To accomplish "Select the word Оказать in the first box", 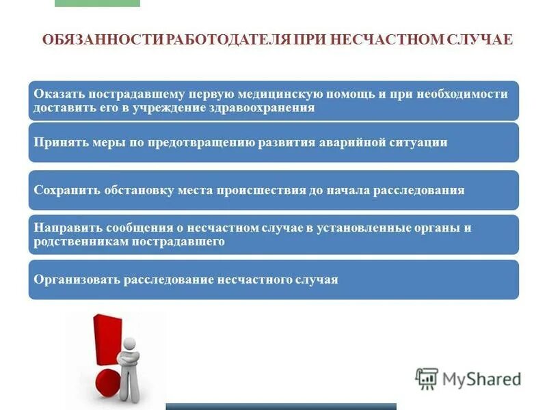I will pos(57,94).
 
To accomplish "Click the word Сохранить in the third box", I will pos(64,190).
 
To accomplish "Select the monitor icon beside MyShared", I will pos(427,378).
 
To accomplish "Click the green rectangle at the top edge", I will pos(97,3).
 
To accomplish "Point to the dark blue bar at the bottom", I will pos(281,406).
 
